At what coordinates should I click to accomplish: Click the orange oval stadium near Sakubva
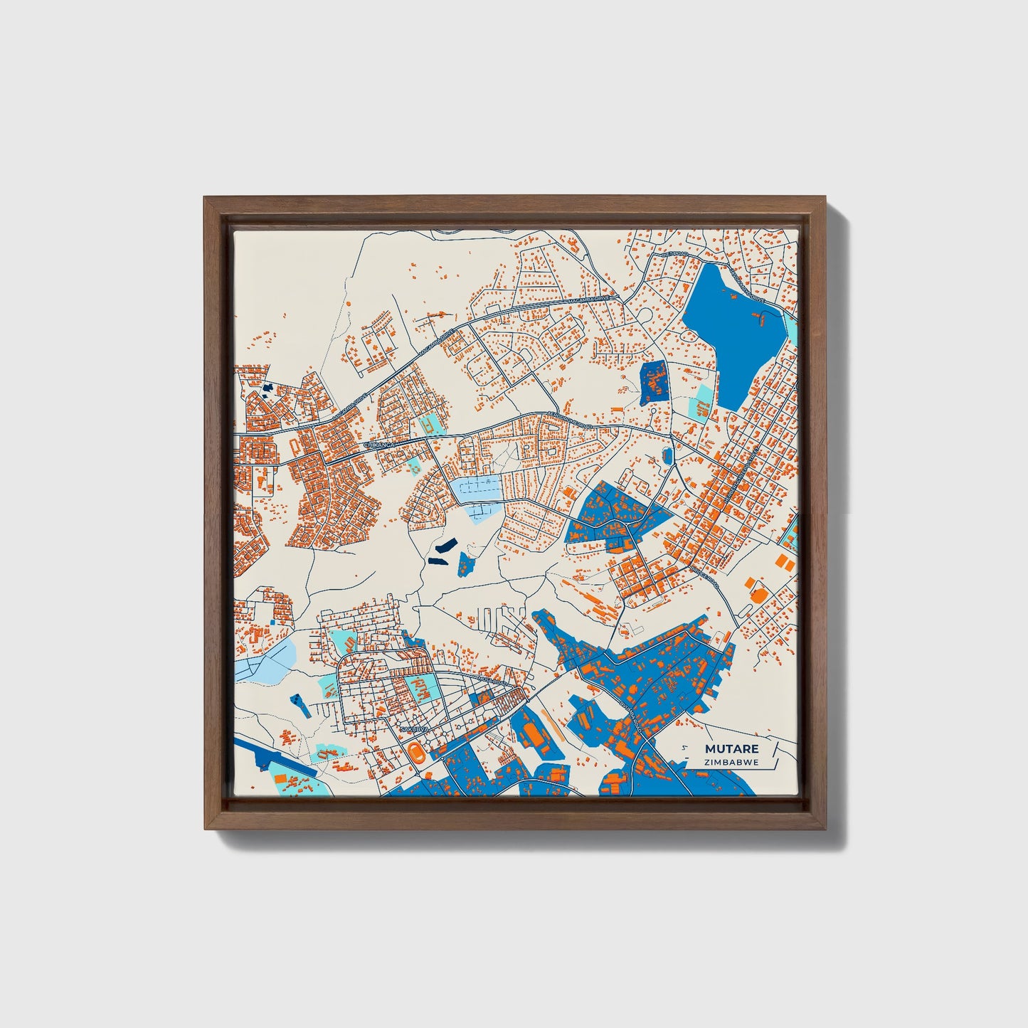(x=414, y=750)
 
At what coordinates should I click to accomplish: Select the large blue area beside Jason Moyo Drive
(x=733, y=327)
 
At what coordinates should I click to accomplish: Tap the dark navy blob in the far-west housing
(x=267, y=388)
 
